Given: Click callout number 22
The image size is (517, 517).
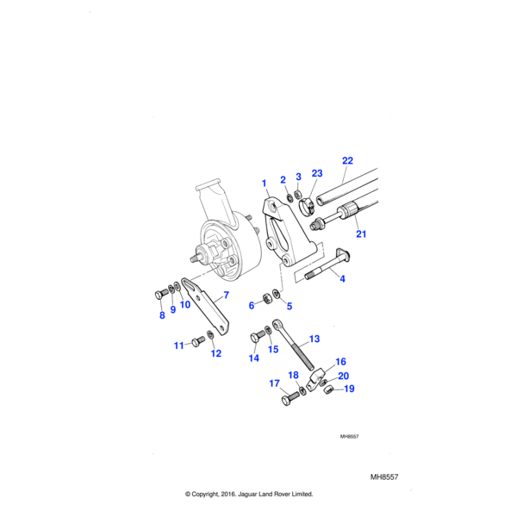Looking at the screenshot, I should coord(347,160).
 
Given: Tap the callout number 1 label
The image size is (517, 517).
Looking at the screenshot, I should coord(264,183).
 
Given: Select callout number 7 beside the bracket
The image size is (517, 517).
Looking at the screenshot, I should coord(226,296).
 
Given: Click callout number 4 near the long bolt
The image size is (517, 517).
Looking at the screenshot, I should coord(341,278).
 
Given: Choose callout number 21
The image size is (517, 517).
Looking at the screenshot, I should coord(361,234).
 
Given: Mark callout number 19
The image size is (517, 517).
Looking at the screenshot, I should coord(350,389).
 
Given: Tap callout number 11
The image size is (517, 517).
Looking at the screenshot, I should coord(179,346).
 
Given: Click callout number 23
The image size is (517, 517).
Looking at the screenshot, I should coord(316,173).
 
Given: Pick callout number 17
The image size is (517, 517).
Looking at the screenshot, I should coord(274,383).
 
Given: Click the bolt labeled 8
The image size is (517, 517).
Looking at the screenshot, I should coord(159,294).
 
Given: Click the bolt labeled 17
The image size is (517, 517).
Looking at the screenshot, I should coord(287,399).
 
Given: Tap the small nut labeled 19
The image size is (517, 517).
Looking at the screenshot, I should coord(329,393).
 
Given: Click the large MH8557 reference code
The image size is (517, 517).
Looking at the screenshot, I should coord(384,475).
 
